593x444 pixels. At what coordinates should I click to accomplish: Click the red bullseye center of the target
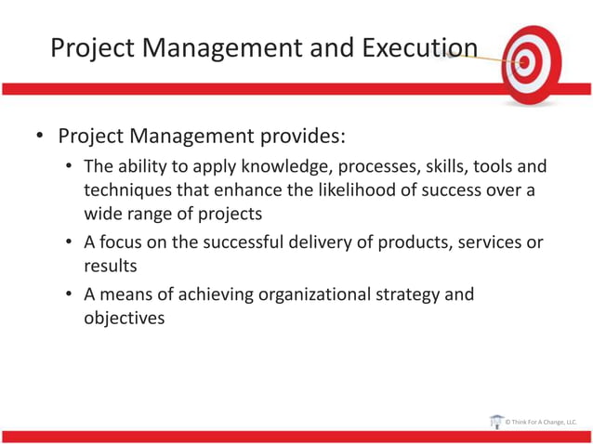[525, 63]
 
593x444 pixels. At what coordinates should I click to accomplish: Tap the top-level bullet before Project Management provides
[39, 137]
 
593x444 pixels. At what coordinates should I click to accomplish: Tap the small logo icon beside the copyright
[495, 422]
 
